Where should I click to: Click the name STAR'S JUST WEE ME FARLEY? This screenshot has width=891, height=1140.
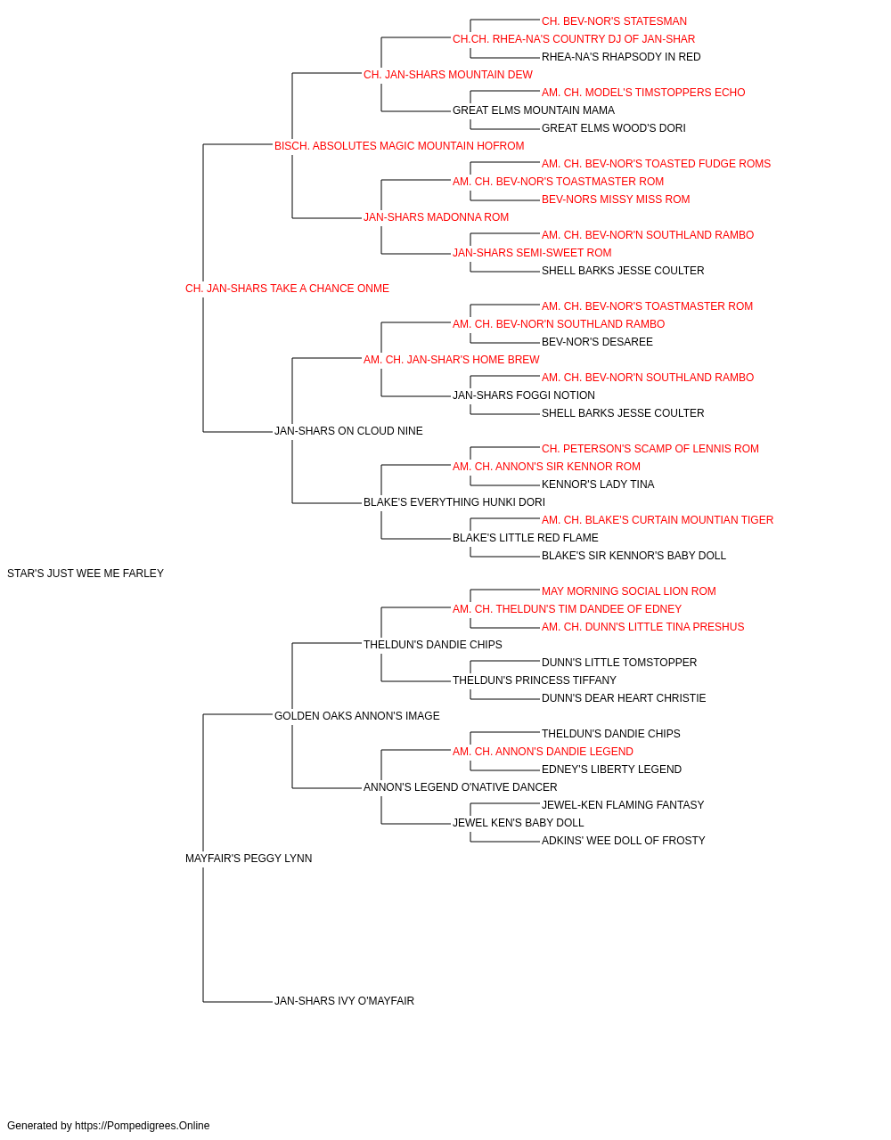point(86,574)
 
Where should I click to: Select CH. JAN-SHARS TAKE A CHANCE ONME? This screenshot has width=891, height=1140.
point(287,289)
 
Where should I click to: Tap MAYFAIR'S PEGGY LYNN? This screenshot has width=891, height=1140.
point(249,859)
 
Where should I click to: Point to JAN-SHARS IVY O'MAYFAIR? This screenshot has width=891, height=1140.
point(344,1001)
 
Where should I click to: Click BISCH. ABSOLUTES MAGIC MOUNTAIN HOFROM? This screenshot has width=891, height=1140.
point(399,146)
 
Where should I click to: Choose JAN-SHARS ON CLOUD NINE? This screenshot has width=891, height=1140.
point(348,431)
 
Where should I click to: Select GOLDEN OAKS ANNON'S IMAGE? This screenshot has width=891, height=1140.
point(356,715)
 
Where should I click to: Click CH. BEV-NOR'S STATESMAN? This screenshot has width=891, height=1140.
point(614,21)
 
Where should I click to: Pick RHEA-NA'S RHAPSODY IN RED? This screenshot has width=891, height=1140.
point(621,57)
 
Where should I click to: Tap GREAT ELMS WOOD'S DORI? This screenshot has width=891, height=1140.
point(613,128)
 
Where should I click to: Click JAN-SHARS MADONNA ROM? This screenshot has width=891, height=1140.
point(436,217)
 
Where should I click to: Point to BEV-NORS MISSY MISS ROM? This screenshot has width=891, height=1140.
point(616,199)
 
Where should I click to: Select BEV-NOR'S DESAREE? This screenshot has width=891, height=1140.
point(597,341)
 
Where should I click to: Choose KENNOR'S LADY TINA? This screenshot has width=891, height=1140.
point(598,484)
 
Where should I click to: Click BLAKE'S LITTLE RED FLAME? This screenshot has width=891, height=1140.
point(526,538)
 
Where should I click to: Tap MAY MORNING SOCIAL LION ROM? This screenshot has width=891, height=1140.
point(629,591)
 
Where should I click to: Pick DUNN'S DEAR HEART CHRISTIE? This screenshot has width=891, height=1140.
point(624,697)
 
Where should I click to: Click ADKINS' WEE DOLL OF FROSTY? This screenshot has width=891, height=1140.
point(623,841)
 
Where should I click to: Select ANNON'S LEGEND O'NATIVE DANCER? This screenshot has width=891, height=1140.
point(460,787)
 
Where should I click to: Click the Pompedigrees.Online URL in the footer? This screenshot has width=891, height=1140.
point(143,1126)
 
